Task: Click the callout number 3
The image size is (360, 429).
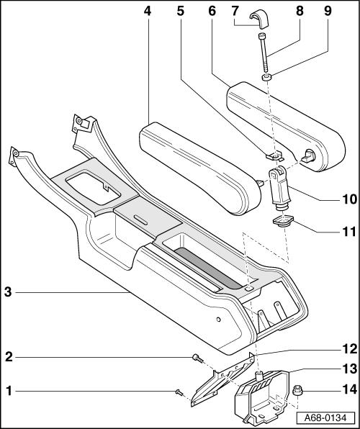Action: coord(8,292)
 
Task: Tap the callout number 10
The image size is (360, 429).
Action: coord(349,199)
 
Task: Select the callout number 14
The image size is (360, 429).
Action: coord(350,389)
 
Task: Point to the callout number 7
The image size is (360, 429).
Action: coord(235,12)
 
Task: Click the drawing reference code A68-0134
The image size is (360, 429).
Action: coord(325,417)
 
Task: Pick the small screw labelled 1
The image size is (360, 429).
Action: coord(179,392)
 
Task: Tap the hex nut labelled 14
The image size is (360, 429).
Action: coord(297,390)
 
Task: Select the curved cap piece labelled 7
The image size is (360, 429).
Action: coord(260,19)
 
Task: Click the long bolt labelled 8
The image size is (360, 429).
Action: coord(264,53)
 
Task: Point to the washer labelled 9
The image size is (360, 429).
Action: coord(266,78)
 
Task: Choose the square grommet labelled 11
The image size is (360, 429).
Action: coord(283,221)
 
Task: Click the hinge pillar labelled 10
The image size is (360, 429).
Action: coord(278,188)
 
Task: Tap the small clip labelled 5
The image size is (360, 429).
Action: coord(275,156)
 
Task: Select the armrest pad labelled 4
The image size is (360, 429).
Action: coord(200,168)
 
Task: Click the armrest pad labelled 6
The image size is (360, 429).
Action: coord(286,127)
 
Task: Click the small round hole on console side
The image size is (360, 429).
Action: coord(218,320)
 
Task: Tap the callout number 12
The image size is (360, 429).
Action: coord(350,349)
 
